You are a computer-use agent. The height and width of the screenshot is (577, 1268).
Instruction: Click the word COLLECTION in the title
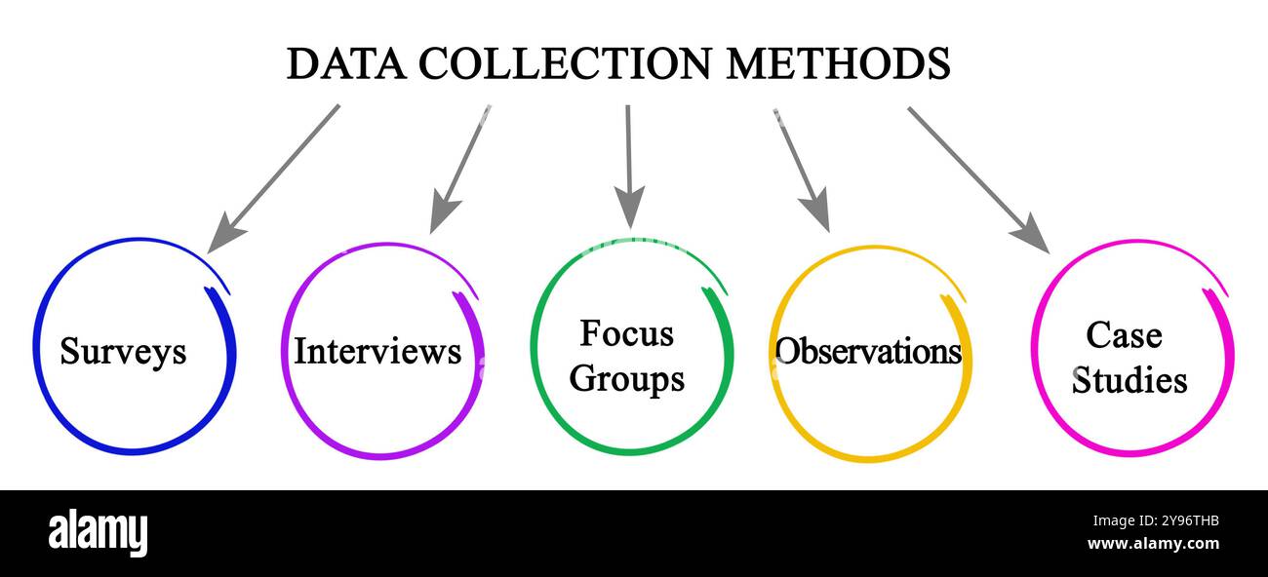pyautogui.click(x=566, y=64)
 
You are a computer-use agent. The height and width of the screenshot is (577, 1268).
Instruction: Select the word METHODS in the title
pyautogui.click(x=838, y=64)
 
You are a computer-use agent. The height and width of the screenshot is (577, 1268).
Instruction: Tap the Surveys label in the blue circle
pyautogui.click(x=123, y=351)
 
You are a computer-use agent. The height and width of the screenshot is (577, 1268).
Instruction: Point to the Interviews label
pyautogui.click(x=377, y=351)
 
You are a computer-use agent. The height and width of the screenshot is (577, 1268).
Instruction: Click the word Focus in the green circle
pyautogui.click(x=626, y=333)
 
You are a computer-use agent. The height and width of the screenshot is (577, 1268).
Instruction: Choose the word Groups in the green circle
pyautogui.click(x=626, y=379)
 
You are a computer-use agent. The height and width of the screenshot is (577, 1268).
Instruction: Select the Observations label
pyautogui.click(x=868, y=351)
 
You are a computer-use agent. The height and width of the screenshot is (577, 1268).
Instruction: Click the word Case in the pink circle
pyautogui.click(x=1124, y=335)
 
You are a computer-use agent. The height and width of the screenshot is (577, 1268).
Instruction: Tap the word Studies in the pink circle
pyautogui.click(x=1129, y=380)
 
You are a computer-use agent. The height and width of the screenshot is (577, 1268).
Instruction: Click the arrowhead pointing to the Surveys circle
pyautogui.click(x=222, y=237)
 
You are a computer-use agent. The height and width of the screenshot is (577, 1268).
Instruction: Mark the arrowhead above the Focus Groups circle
pyautogui.click(x=629, y=209)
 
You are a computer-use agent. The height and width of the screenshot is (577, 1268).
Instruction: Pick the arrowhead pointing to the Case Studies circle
pyautogui.click(x=1031, y=236)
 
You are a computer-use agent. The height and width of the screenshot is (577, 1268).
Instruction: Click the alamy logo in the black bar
pyautogui.click(x=98, y=533)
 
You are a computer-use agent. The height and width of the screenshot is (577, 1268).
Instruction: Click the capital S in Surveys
pyautogui.click(x=69, y=351)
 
